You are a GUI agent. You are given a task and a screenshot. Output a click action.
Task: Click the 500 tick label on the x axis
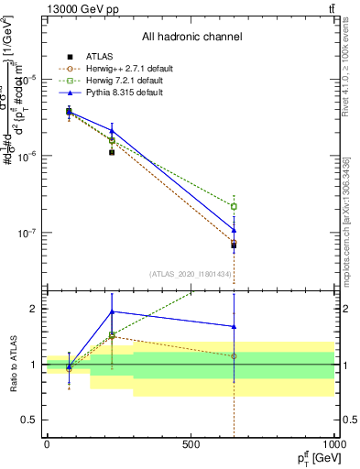[x=191, y=444]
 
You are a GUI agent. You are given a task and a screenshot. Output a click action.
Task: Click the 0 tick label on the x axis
[x=47, y=444]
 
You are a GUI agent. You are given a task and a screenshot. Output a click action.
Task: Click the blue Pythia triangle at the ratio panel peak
[x=112, y=311]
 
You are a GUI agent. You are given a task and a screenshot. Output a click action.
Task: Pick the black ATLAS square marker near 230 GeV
[x=112, y=152]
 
